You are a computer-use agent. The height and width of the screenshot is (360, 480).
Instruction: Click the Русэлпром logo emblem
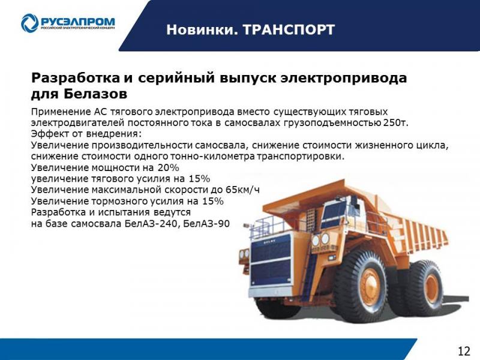click(29, 23)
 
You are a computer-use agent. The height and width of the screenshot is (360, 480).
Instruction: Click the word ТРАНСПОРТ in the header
click(289, 30)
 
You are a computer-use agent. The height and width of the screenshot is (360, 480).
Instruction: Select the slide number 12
click(464, 350)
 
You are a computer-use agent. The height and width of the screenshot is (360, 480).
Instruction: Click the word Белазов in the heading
click(95, 94)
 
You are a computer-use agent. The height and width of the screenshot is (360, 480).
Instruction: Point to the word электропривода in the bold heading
click(344, 78)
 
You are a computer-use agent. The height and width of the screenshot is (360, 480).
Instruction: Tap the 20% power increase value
click(169, 167)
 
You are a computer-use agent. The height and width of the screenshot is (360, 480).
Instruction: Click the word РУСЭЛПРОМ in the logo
click(78, 21)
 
